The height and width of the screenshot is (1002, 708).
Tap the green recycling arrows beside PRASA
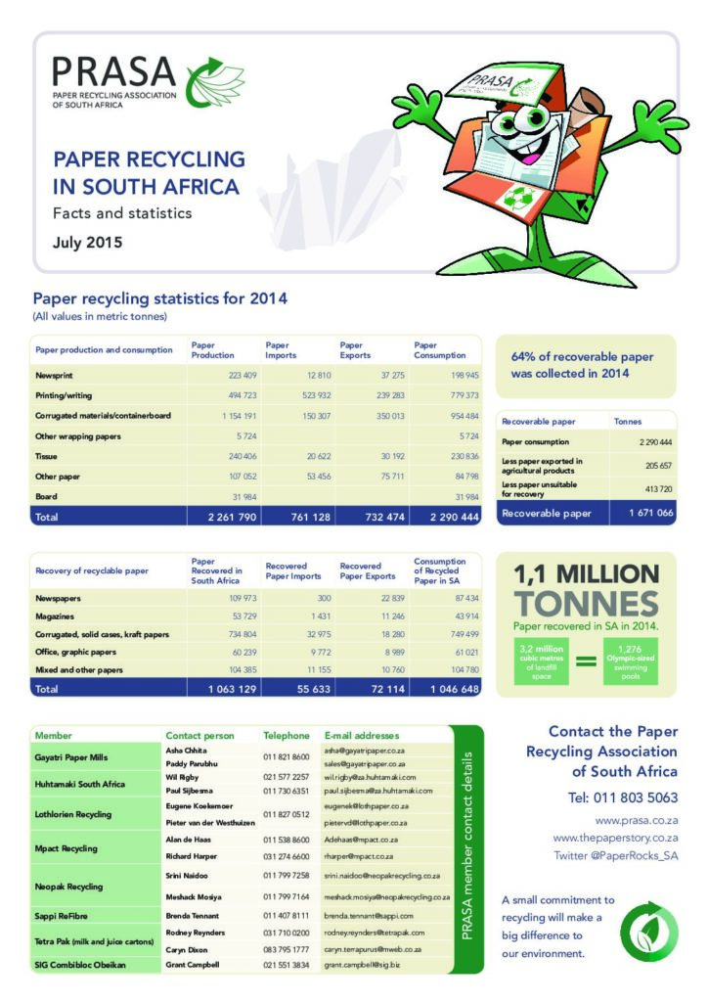(213, 81)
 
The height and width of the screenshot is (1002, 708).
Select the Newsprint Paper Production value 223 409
(235, 376)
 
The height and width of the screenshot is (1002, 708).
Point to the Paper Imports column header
(283, 349)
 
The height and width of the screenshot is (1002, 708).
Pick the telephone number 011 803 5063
(623, 797)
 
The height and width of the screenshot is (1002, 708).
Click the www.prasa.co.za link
(637, 820)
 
